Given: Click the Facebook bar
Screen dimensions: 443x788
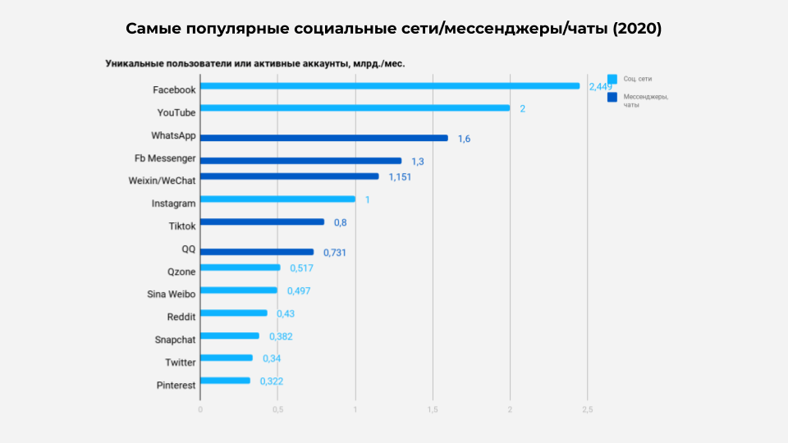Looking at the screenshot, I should (390, 85).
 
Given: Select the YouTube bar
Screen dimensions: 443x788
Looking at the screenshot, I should (355, 107).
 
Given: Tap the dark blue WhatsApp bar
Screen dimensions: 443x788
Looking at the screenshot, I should (324, 138).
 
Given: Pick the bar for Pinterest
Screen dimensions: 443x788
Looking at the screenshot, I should (225, 381).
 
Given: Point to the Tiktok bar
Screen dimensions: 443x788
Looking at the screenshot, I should (262, 221).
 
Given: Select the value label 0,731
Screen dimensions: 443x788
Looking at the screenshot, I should (334, 253).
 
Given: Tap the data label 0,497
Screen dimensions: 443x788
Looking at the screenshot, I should (298, 290).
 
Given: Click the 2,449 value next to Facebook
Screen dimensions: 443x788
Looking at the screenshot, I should (600, 87).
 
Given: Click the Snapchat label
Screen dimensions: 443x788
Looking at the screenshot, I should (175, 339).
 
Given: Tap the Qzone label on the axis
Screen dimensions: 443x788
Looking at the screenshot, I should (181, 271).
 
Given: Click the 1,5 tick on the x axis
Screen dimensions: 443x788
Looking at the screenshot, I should (433, 409).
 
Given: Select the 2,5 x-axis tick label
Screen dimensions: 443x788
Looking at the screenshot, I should (587, 409).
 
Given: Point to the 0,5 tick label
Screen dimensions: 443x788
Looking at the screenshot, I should (277, 409).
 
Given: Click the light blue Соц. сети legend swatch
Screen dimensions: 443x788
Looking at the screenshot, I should (612, 80).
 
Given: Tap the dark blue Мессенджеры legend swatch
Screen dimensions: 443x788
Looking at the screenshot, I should (612, 98).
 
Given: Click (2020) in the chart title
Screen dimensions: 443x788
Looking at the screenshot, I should (637, 29).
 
